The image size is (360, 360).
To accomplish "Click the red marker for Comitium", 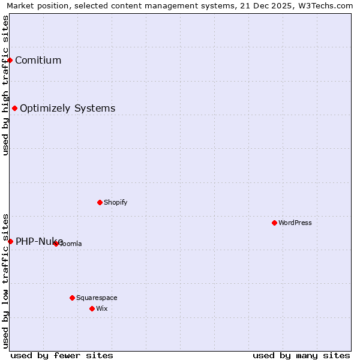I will pos(10,60).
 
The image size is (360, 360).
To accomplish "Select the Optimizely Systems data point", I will pos(15,109).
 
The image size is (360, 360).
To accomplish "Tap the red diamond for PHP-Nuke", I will pos(10,241).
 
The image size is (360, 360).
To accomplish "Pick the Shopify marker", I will pos(100,202).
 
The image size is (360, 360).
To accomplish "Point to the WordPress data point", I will pos(274,223).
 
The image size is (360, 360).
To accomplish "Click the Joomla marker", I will pos(56,244).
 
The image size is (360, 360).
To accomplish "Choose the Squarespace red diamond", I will pos(72,298).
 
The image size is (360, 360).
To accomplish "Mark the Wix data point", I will pos(92,308).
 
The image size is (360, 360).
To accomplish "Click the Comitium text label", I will pos(38,60).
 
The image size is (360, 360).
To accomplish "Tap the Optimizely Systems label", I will pos(67,109).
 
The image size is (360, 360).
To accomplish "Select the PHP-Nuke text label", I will pos(39,241).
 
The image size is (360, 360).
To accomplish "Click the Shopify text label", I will pos(115,202).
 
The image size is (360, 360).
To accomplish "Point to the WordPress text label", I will pos(295,223).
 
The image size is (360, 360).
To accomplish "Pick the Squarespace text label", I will pos(97,298).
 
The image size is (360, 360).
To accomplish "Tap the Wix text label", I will pos(101,308).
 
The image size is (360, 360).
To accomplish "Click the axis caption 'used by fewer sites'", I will pos(62,355).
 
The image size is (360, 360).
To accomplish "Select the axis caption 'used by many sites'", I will pos(301,355).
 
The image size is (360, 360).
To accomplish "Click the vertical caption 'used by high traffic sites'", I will pos(5,85).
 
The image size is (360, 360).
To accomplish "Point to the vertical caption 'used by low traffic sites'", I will pos(5,281).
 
